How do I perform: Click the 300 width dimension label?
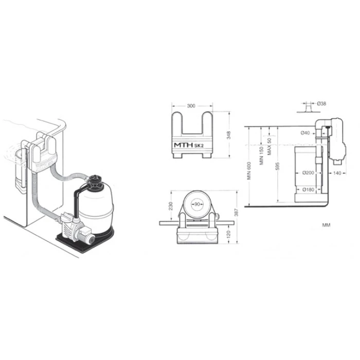click(x=191, y=106)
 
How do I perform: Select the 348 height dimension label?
click(x=228, y=135)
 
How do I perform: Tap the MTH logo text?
click(x=184, y=146)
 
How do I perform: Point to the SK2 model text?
click(x=199, y=146)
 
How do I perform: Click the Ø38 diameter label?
click(x=321, y=103)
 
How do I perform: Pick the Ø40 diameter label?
click(x=305, y=133)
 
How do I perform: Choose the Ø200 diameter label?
click(x=308, y=173)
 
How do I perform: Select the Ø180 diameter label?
click(x=308, y=189)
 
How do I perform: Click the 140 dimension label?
click(x=337, y=173)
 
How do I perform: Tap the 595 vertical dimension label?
click(x=278, y=167)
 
